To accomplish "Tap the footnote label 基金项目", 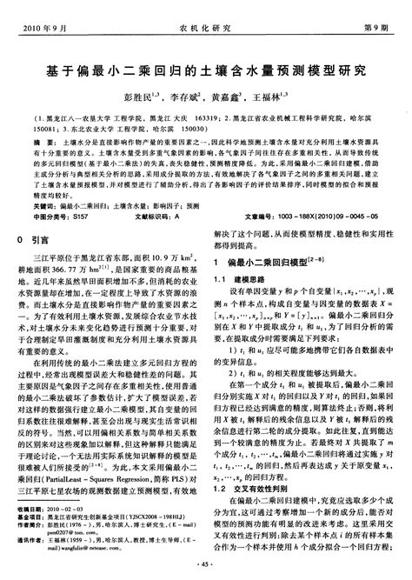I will pyautogui.click(x=30, y=516).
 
